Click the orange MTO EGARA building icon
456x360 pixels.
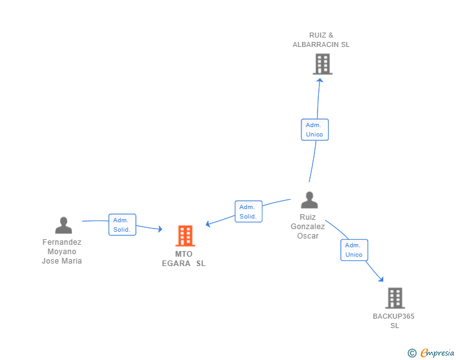click(x=185, y=236)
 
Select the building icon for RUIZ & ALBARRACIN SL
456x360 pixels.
click(x=323, y=64)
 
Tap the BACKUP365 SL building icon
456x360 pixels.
click(x=395, y=298)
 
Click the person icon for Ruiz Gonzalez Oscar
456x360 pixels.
click(x=309, y=200)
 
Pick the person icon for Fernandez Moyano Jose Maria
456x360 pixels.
click(x=63, y=225)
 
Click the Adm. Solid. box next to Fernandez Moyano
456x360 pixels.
click(x=122, y=225)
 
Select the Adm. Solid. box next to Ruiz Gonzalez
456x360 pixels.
click(x=248, y=212)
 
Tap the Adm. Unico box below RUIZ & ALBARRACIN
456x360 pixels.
click(x=314, y=130)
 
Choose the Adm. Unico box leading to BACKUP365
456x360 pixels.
click(x=355, y=250)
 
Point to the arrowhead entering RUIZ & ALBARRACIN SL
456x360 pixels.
click(x=320, y=80)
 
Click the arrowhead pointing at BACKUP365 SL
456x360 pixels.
click(x=381, y=279)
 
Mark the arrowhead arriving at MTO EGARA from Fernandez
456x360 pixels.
click(x=160, y=229)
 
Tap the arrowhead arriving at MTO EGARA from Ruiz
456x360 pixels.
click(x=208, y=224)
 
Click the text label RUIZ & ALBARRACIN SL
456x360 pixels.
click(x=321, y=40)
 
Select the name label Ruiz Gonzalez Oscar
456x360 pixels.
click(x=308, y=227)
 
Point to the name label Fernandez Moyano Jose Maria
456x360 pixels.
click(x=62, y=252)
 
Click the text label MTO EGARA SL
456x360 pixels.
click(x=184, y=259)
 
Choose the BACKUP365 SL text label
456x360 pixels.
click(x=394, y=321)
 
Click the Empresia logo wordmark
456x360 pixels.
click(x=437, y=352)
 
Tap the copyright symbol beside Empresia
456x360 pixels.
click(x=412, y=353)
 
